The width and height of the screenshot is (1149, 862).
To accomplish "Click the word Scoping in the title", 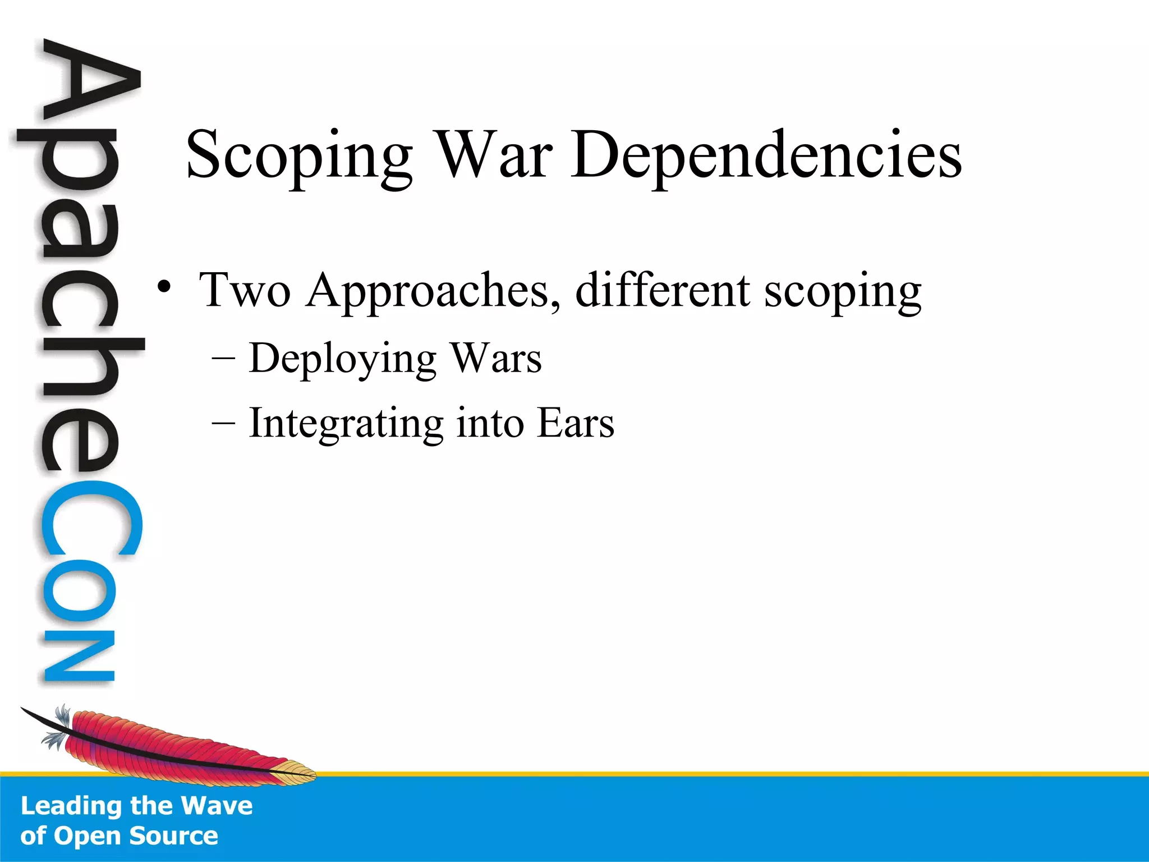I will point(299,156).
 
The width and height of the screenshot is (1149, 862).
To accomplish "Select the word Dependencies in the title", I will point(766,156).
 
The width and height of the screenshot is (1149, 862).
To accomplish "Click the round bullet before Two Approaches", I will point(164,287).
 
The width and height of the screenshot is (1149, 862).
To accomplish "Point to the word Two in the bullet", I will point(245,290).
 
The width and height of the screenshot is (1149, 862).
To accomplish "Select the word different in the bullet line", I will point(663,290).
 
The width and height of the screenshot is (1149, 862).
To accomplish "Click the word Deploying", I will point(343,359).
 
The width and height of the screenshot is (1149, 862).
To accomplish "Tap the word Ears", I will point(575,423).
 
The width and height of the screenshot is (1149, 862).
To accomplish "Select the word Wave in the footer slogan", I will point(217,806).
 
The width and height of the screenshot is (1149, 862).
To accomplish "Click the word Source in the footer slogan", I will point(173,836).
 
